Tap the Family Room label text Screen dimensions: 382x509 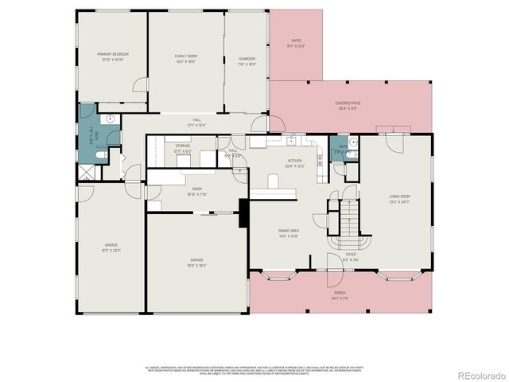click(186, 58)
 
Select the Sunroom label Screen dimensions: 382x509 click(247, 60)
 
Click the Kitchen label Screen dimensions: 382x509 click(295, 163)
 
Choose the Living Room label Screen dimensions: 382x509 click(399, 199)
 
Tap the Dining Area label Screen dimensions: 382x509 click(288, 232)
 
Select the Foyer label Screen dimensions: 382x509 click(350, 257)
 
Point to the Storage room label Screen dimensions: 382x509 click(182, 148)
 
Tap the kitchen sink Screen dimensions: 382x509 click(292, 141)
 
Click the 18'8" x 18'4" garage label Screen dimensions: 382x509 click(196, 262)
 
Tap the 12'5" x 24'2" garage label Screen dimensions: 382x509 click(111, 248)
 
